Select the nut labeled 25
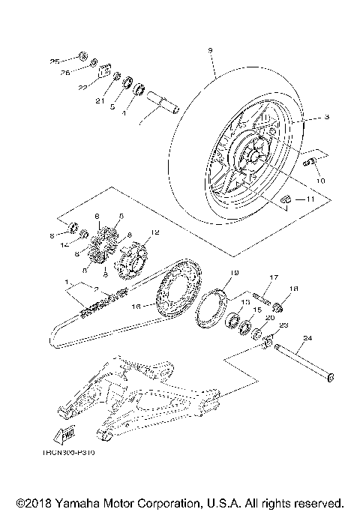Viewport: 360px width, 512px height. [x=83, y=58]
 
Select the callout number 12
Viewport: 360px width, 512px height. [x=156, y=232]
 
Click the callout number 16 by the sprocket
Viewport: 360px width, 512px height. [x=136, y=306]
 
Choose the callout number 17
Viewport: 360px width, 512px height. [x=274, y=276]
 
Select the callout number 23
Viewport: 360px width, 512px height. [x=283, y=325]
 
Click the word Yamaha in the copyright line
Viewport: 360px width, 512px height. [x=78, y=501]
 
